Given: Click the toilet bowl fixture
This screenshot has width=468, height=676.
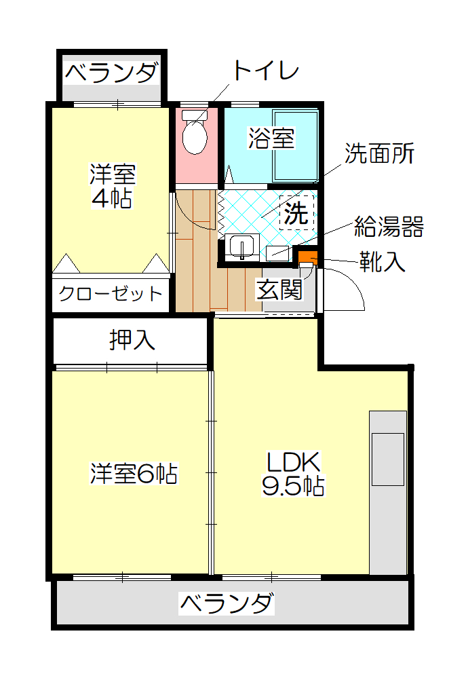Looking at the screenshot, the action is [195, 132].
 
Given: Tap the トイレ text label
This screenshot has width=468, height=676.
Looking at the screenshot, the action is [265, 71].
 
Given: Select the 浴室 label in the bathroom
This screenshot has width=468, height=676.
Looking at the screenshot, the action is [271, 138].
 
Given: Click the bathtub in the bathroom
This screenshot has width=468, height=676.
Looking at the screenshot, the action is [296, 145].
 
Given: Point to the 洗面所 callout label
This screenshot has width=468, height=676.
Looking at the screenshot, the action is [379, 153].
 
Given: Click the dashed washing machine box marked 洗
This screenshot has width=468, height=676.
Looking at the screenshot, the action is [296, 212].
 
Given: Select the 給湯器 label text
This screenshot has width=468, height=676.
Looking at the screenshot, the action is [389, 227].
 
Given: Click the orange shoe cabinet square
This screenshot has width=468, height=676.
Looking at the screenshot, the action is [308, 257].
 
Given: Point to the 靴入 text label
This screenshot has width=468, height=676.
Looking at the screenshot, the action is [383, 262].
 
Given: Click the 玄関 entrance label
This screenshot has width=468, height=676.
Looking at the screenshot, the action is [279, 289].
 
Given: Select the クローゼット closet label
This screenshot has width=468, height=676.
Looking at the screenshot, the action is [111, 294].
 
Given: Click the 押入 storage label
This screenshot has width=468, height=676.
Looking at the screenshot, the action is [132, 340].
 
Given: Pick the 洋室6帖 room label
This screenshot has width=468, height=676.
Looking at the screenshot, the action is [134, 473].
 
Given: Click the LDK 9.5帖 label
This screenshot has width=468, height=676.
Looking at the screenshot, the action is [293, 474].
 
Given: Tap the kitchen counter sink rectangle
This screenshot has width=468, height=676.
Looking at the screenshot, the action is [388, 459].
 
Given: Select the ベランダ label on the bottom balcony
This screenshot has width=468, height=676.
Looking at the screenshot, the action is [227, 603].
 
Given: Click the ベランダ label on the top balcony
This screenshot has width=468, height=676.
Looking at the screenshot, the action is [112, 73].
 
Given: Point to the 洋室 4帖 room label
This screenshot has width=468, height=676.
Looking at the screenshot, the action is [112, 186].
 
